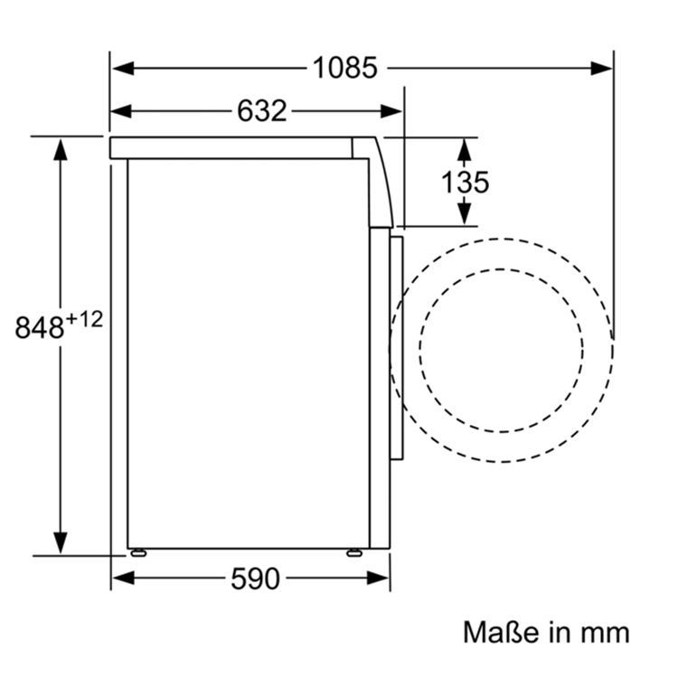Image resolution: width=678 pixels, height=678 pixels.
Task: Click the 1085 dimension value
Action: coord(344,68)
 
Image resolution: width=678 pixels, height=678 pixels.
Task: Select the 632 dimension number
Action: coord(261,111)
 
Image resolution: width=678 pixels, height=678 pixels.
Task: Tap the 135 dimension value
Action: coord(465,182)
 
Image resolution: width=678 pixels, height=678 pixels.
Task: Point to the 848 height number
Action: coord(39,327)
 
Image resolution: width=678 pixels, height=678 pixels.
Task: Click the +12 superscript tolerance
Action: coord(85,318)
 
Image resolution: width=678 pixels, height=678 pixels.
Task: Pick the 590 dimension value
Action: coord(255,579)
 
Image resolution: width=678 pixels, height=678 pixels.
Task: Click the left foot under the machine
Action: coord(138,551)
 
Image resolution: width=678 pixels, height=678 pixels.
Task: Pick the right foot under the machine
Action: coord(354,551)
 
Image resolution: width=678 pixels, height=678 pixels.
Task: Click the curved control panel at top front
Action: coord(380,181)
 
